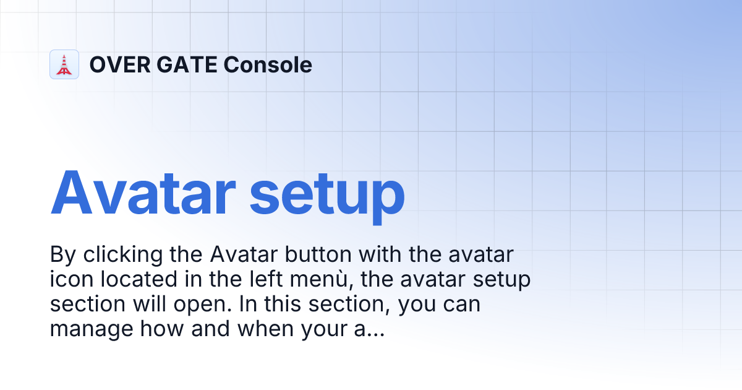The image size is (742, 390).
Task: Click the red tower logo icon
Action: [64, 64]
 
